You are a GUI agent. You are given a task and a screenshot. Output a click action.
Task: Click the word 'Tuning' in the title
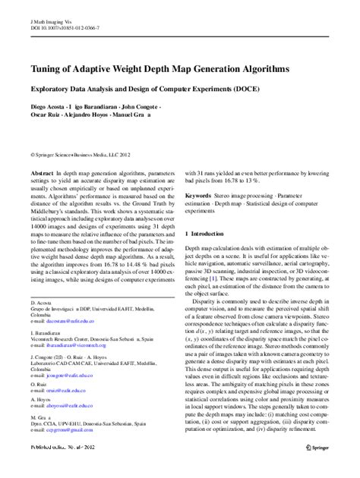tap(44, 69)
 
